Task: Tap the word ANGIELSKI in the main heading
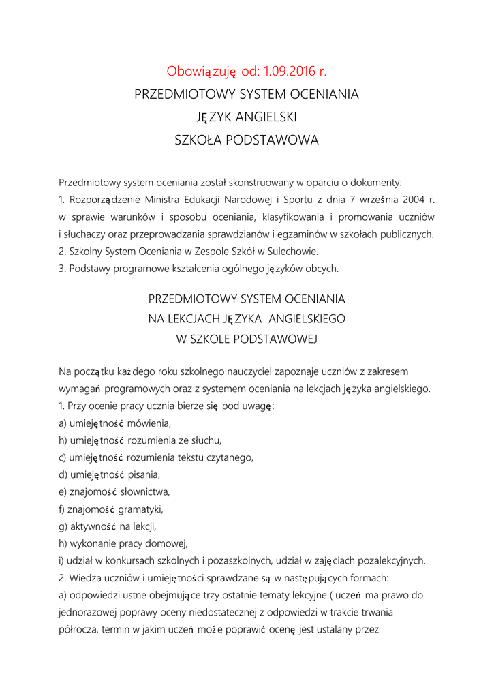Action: pyautogui.click(x=265, y=117)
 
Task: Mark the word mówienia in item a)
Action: pyautogui.click(x=149, y=423)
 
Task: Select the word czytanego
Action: pyautogui.click(x=230, y=457)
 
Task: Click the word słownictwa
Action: pyautogui.click(x=146, y=491)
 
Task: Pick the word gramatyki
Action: pyautogui.click(x=141, y=509)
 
